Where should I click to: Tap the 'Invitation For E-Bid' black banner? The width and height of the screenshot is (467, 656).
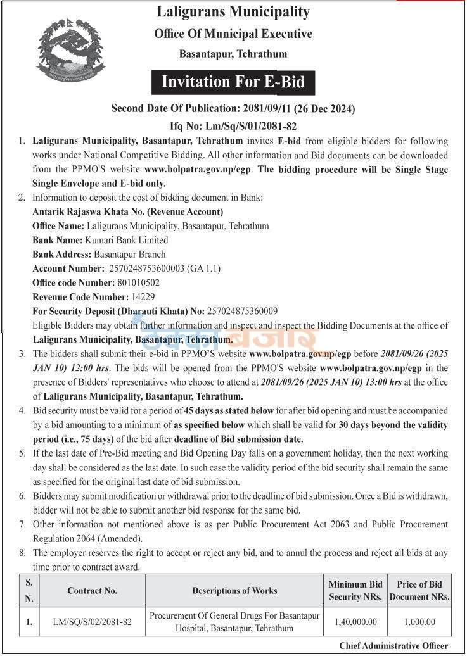point(233,82)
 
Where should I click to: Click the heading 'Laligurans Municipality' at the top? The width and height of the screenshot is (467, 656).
point(233,12)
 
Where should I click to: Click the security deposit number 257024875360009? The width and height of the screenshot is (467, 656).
point(243,311)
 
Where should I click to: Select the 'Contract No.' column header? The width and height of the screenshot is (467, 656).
point(93,591)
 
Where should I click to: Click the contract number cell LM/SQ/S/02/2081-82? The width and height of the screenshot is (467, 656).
point(93,622)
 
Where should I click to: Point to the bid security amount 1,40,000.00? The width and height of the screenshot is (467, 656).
point(355,622)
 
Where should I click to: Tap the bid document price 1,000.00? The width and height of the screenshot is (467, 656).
point(419,622)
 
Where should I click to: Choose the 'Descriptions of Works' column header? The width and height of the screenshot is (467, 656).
point(234,591)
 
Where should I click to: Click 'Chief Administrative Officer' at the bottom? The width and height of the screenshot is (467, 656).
point(393,646)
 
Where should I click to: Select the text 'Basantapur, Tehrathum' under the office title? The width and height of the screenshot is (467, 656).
point(233,54)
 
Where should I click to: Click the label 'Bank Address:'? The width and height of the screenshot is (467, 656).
point(61,255)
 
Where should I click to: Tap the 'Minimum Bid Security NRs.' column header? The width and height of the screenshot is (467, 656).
point(355,591)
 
